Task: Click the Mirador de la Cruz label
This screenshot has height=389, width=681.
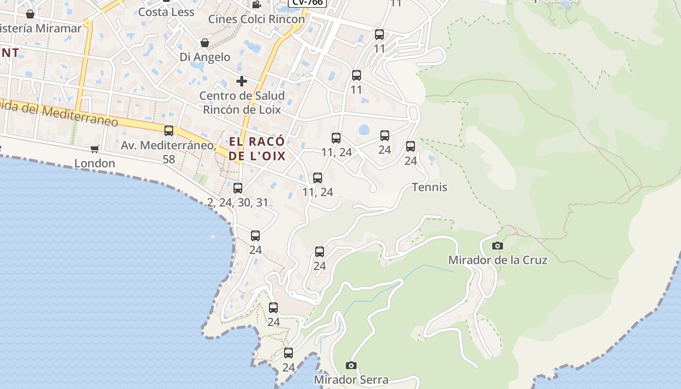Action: tap(498, 260)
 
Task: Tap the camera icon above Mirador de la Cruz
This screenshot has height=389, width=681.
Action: tap(497, 246)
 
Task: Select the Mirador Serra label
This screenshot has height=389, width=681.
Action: tap(351, 380)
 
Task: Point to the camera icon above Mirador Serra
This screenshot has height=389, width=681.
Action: tap(351, 365)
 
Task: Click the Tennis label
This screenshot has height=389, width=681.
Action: tap(430, 187)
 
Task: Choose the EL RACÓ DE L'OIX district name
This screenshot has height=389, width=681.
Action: tap(257, 149)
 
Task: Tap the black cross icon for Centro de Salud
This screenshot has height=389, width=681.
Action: tap(242, 81)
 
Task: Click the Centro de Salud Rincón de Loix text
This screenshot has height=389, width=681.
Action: tap(242, 103)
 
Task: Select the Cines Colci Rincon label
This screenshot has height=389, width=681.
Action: tap(256, 19)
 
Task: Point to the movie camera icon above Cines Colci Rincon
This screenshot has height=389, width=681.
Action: tap(256, 5)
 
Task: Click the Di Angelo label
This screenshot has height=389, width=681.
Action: tap(205, 57)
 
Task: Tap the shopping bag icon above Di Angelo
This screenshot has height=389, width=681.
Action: tap(205, 43)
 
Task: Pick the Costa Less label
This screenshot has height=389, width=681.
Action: tap(166, 12)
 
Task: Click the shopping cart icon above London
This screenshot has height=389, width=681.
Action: tap(95, 149)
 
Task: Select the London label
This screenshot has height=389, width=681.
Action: tap(95, 163)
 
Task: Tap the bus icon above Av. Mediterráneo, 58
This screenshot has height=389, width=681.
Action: tap(169, 131)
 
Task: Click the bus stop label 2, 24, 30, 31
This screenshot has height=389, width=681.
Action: tap(238, 202)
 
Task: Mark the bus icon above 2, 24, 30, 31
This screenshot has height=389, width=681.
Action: tap(238, 188)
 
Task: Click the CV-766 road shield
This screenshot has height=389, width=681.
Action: tap(307, 2)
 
